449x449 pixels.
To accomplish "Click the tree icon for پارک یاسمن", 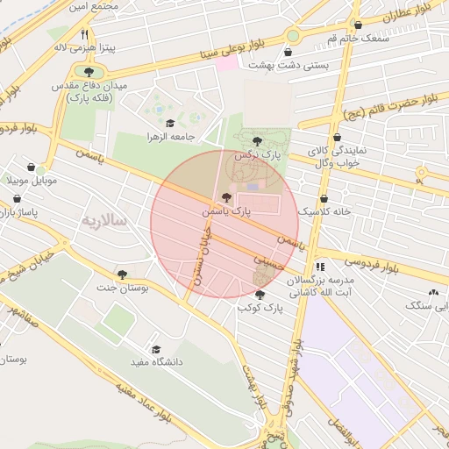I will [228, 198].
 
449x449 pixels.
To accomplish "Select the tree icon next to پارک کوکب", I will [260, 295].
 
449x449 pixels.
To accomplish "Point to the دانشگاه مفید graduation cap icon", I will [156, 348].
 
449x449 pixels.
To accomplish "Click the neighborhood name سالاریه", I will [104, 219].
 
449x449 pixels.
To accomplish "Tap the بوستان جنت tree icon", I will [122, 274].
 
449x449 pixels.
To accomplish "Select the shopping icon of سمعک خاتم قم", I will [356, 25].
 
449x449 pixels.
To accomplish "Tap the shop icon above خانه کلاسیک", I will [324, 198].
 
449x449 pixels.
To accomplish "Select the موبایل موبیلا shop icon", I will [32, 167].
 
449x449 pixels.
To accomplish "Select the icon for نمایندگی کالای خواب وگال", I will [338, 137].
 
